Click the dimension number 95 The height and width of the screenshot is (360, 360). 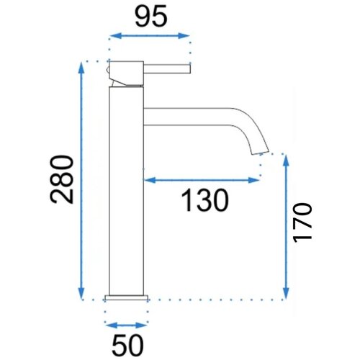point(150,16)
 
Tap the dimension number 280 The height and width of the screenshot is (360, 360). point(61,179)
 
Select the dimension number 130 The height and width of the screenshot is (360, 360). point(204,200)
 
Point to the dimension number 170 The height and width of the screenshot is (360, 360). point(302,222)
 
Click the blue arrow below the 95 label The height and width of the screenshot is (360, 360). point(150,36)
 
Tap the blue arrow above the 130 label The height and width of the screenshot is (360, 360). point(202,180)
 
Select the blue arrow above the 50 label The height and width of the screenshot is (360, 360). point(126,325)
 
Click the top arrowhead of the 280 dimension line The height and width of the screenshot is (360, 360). point(81,68)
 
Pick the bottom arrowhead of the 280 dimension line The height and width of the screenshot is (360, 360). point(81,294)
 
